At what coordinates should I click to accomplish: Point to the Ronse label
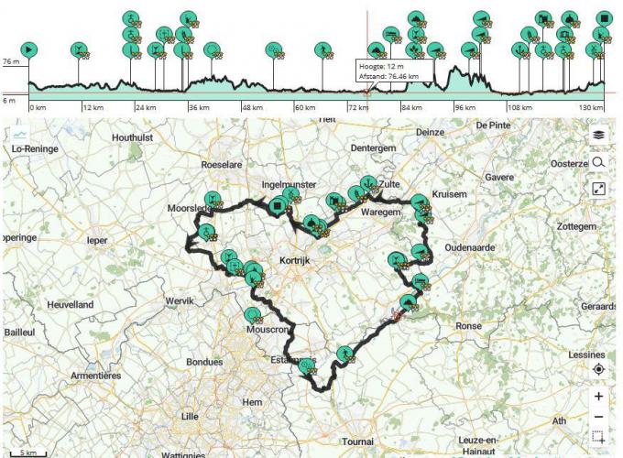click(468, 325)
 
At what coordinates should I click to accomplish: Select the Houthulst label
click(137, 137)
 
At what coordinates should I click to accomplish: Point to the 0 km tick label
click(38, 106)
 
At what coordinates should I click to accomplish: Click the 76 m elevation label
click(11, 62)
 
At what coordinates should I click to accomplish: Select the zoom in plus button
click(598, 397)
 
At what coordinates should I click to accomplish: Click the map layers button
click(598, 135)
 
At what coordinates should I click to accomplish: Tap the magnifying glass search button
click(598, 162)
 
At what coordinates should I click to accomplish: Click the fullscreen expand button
click(598, 189)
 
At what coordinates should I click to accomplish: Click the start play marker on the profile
click(29, 49)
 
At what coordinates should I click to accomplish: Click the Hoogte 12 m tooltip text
click(383, 66)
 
